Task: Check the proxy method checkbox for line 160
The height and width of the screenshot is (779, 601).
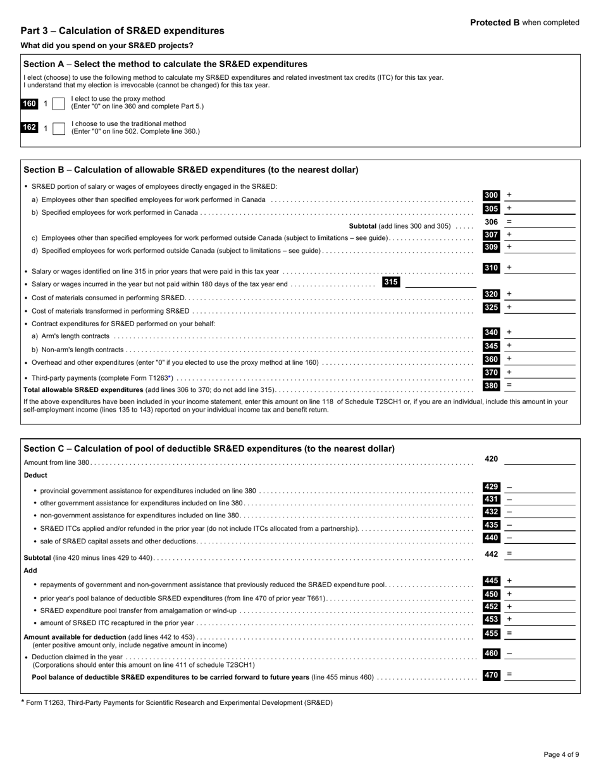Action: [x=58, y=104]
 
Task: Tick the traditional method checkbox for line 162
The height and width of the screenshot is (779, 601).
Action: [x=58, y=129]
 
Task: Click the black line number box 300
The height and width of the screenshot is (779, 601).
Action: [x=491, y=196]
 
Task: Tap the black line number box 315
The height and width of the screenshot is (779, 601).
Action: [x=391, y=282]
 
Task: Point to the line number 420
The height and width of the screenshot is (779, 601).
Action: [x=491, y=459]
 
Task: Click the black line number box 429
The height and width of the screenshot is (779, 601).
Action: [x=491, y=487]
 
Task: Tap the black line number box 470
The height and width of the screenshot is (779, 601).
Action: [x=491, y=675]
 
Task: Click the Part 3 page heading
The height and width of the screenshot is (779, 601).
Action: [x=122, y=31]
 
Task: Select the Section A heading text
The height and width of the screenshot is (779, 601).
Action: [x=165, y=64]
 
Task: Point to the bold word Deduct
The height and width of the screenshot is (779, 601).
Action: [x=35, y=475]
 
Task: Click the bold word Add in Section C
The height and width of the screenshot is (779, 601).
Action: [x=30, y=571]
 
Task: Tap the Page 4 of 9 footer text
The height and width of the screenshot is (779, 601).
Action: [x=561, y=754]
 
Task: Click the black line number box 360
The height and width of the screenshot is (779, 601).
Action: [x=491, y=359]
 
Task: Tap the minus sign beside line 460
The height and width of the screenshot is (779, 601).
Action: [x=509, y=654]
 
